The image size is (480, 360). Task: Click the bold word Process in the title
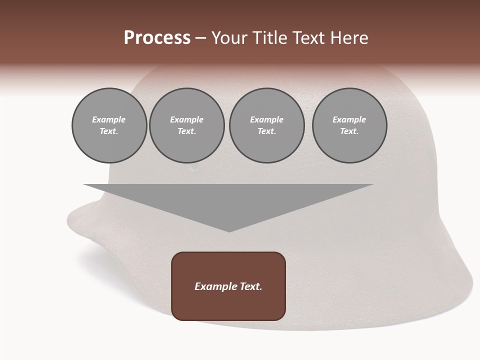click(157, 38)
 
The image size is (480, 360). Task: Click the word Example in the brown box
click(215, 286)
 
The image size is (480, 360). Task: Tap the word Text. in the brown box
click(250, 286)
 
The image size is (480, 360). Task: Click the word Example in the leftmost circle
click(109, 119)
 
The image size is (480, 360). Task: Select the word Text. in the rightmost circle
click(349, 131)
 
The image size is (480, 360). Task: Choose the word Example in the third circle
click(266, 119)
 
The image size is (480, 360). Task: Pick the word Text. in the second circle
click(186, 131)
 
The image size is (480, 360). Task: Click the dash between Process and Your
click(200, 38)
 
